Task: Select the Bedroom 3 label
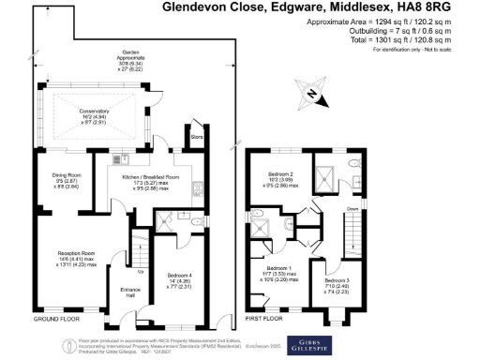tap(337, 284)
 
